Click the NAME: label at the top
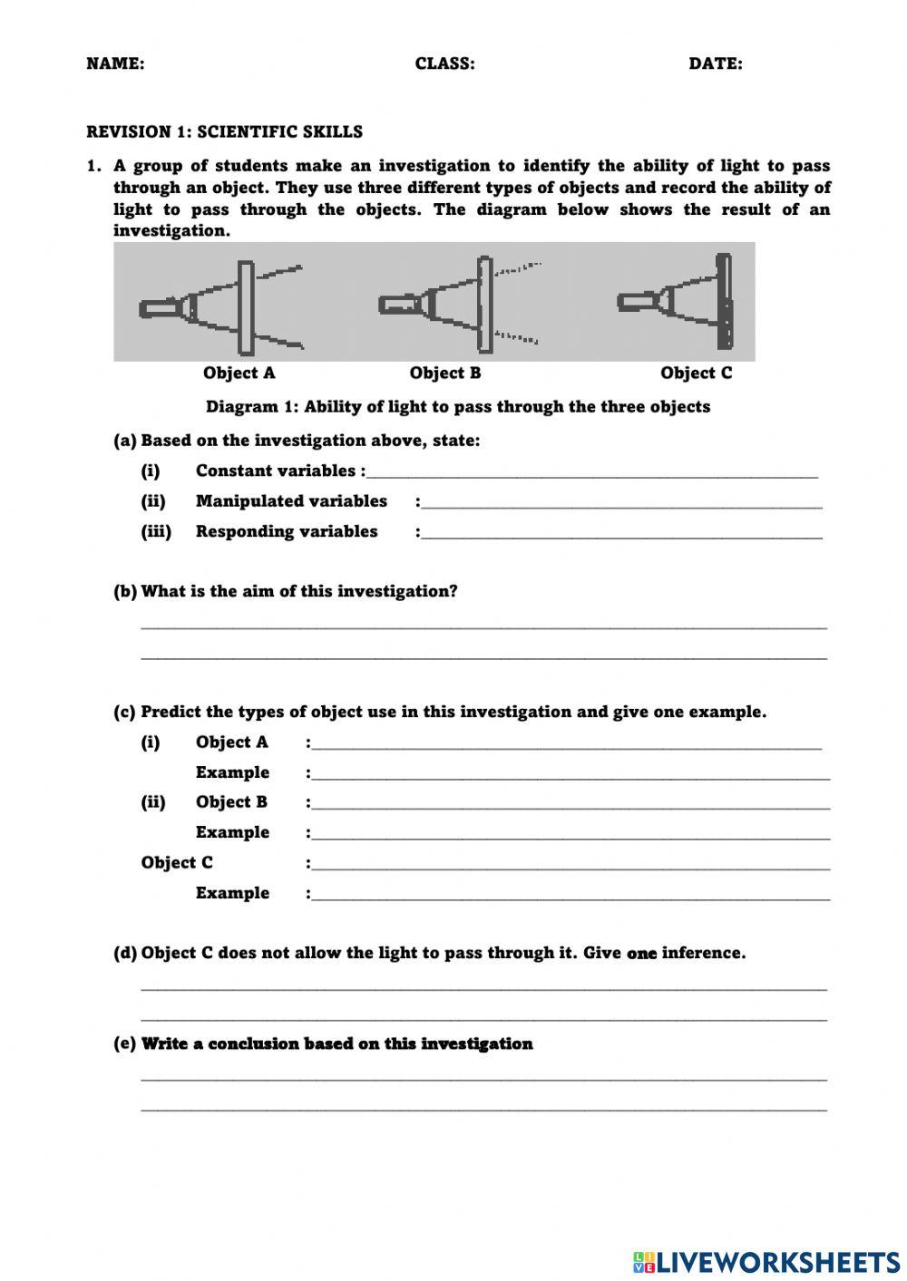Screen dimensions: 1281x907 pos(115,63)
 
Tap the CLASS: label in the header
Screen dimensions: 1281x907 pos(444,63)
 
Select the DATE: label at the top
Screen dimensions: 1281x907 pos(715,63)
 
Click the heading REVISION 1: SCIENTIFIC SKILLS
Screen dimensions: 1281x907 pos(224,131)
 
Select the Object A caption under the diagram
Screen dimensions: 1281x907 pos(239,373)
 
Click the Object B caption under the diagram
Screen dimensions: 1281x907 pos(444,373)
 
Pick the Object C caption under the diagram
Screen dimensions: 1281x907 pos(696,373)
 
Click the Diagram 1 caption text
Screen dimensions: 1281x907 pos(458,406)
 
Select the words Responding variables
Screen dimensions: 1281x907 pos(287,531)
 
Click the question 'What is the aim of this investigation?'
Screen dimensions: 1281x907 pos(299,591)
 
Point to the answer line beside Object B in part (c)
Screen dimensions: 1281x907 pos(571,807)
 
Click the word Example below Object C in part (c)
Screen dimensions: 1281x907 pos(232,893)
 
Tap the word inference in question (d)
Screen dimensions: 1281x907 pos(704,953)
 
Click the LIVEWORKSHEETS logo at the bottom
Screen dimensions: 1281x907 pos(766,1261)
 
